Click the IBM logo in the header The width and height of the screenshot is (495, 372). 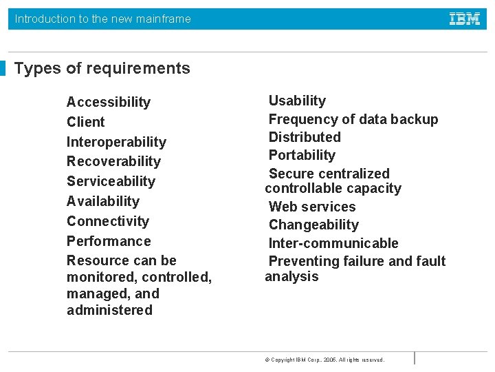[465, 19]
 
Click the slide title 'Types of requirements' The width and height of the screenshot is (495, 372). [102, 68]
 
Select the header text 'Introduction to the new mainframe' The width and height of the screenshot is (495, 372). [103, 19]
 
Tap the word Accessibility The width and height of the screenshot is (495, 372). [109, 102]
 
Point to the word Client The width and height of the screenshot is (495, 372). [86, 122]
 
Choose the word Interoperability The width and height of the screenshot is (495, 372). [116, 142]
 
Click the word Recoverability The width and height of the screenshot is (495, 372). [113, 161]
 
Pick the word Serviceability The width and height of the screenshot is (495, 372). [111, 181]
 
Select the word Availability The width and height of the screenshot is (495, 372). [103, 201]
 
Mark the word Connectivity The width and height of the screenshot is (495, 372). [108, 221]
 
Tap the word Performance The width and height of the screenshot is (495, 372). [109, 241]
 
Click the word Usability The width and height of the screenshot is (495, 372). [297, 101]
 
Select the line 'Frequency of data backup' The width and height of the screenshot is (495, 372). [353, 119]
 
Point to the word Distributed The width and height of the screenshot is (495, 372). [305, 137]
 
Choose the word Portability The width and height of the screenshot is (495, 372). [302, 155]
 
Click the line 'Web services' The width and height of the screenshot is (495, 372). [312, 207]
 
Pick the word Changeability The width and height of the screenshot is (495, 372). [313, 225]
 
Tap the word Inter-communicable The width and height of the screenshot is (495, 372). [333, 243]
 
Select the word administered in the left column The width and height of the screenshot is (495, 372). [109, 310]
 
